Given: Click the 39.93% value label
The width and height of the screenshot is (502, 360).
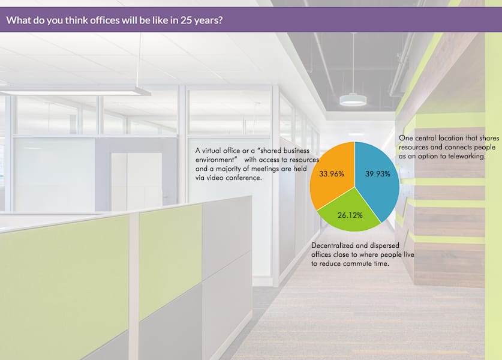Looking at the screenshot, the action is click(378, 174).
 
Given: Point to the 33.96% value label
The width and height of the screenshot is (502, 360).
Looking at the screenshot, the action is click(331, 174).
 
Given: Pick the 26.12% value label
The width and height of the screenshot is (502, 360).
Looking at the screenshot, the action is click(350, 215).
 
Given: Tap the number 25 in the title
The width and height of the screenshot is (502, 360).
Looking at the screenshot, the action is click(185, 20).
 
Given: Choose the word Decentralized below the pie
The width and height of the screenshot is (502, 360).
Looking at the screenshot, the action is click(332, 245).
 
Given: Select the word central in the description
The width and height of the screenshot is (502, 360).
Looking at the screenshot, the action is click(425, 138).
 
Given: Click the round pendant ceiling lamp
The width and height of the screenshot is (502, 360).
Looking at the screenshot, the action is click(353, 100).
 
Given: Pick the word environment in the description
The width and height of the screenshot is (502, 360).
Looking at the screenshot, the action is click(215, 160).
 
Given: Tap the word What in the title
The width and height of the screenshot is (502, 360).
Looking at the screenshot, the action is click(19, 20).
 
